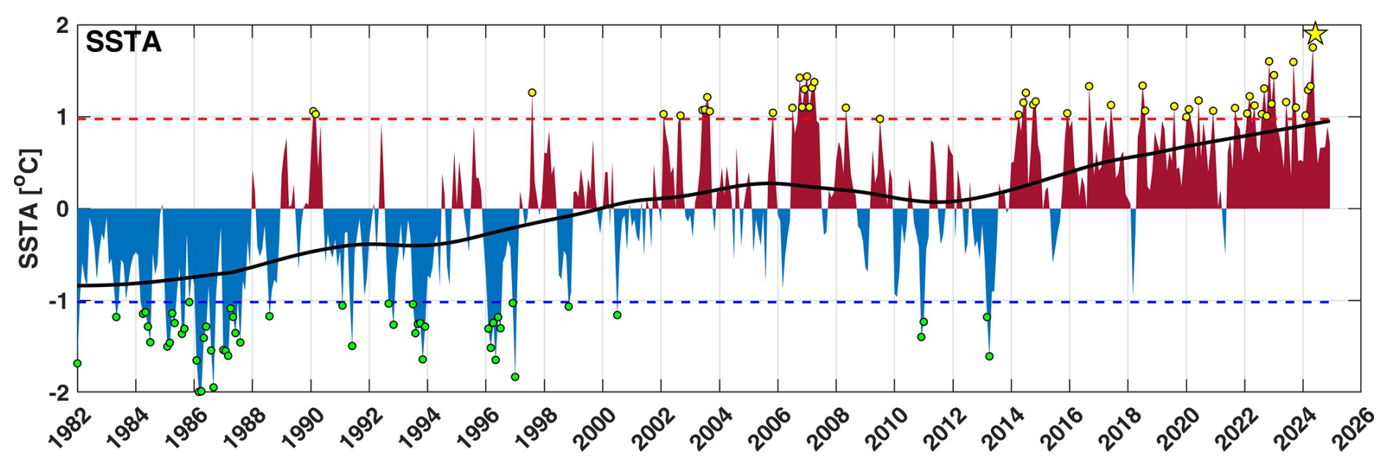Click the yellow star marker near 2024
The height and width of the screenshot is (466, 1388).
coord(1315,33)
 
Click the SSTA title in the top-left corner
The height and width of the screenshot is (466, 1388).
coord(123,43)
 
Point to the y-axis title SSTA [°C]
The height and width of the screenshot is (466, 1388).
coord(29,208)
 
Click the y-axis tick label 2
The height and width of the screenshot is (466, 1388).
coord(62,26)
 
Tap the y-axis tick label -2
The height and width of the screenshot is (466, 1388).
coord(59,393)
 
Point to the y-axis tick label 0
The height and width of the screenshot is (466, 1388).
coord(62,209)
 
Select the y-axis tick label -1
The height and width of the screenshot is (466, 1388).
coord(59,302)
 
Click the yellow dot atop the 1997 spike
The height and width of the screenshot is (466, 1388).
coord(532,92)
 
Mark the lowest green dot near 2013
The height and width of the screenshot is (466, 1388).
coord(989,356)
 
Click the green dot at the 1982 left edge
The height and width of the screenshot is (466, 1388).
coord(77,363)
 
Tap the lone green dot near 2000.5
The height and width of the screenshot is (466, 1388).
coord(617,315)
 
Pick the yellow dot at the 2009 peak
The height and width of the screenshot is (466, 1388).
coord(880,119)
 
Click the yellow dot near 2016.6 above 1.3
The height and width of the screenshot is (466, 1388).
coord(1089,87)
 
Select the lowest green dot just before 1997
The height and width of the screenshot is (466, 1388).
coord(515,376)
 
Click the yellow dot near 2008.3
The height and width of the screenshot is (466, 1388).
coord(845,108)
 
